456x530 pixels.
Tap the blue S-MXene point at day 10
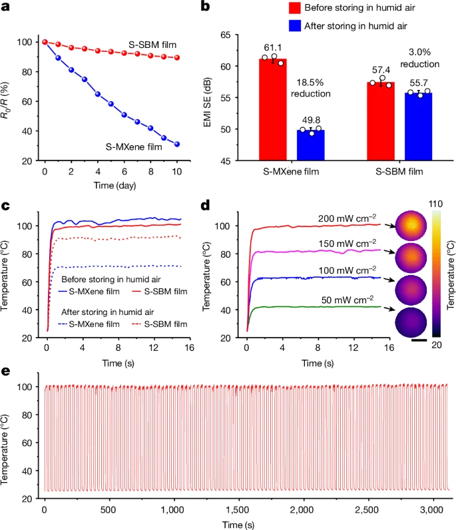click(177, 144)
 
